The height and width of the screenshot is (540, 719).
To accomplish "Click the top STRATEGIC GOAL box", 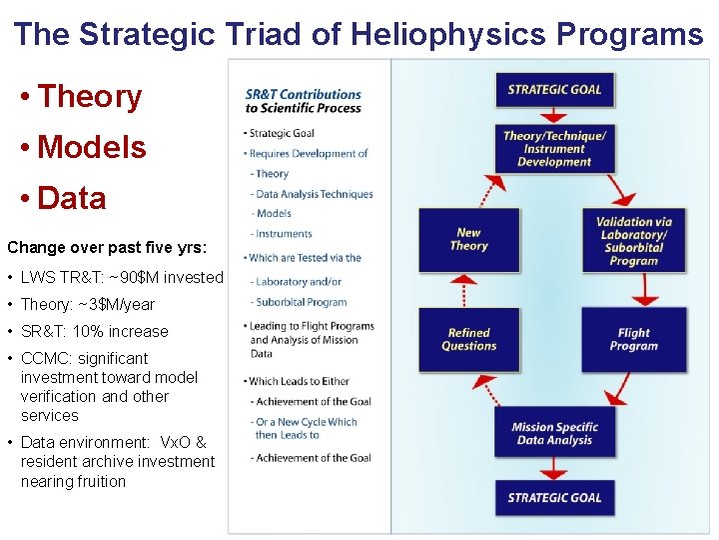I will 554,90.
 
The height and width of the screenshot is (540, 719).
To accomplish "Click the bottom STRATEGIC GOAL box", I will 554,497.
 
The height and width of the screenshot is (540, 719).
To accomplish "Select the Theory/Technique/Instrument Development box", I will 554,148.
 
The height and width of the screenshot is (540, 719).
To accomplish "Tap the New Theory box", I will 468,239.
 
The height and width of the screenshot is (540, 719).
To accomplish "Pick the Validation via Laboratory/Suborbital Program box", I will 634,241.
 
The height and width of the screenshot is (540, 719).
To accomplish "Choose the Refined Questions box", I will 468,339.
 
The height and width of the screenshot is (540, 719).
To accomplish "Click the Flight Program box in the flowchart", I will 634,339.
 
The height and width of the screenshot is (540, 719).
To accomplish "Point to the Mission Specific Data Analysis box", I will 554,433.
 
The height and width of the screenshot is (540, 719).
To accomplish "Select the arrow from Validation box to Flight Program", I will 645,289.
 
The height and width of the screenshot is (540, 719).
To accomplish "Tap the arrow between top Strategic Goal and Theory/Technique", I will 554,115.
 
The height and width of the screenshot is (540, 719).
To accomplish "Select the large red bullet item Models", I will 91,147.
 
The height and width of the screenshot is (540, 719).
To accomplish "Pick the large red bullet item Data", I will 72,198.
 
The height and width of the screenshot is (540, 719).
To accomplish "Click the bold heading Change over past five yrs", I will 107,246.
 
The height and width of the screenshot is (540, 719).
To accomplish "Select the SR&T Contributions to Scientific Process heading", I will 303,101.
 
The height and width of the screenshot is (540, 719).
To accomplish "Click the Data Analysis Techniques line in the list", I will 314,194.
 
